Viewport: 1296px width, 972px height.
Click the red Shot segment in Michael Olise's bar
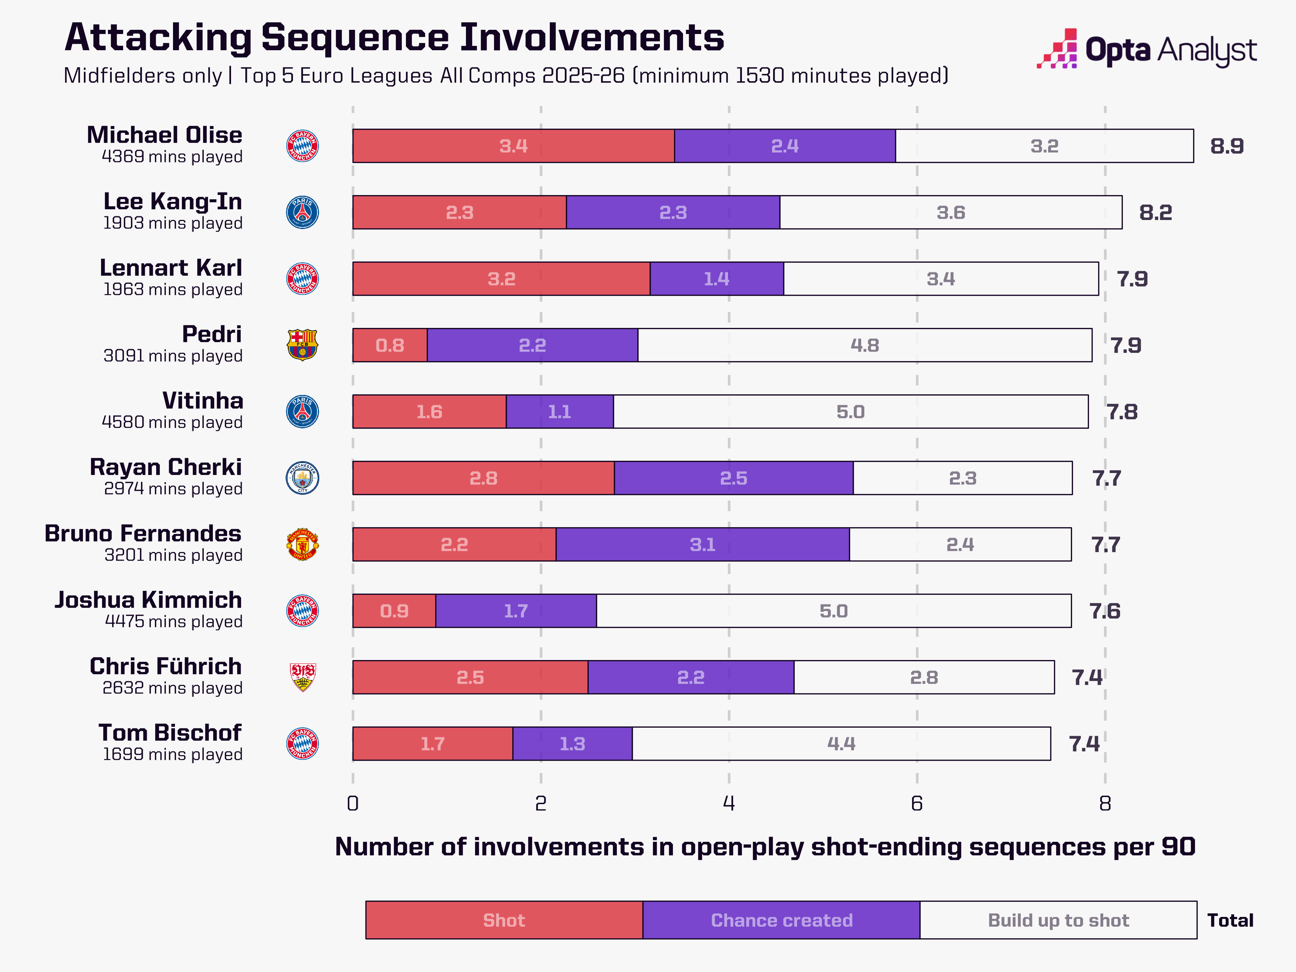point(513,146)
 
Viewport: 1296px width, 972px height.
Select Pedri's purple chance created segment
point(533,345)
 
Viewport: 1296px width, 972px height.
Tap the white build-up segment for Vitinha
point(851,411)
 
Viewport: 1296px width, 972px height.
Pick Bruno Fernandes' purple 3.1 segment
point(702,544)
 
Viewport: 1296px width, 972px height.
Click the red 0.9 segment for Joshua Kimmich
point(394,610)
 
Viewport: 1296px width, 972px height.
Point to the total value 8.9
point(1227,146)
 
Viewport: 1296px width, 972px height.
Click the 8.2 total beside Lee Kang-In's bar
point(1155,212)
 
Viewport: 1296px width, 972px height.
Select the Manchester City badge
point(302,478)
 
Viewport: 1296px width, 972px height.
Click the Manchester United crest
point(302,544)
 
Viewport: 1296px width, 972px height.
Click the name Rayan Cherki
point(166,467)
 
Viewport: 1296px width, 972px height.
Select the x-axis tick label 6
point(917,803)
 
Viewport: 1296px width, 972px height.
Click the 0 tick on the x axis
point(353,803)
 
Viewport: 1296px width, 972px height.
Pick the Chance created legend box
point(781,920)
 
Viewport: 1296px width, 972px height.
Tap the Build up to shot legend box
point(1058,920)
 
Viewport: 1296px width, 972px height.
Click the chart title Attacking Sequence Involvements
point(394,38)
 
